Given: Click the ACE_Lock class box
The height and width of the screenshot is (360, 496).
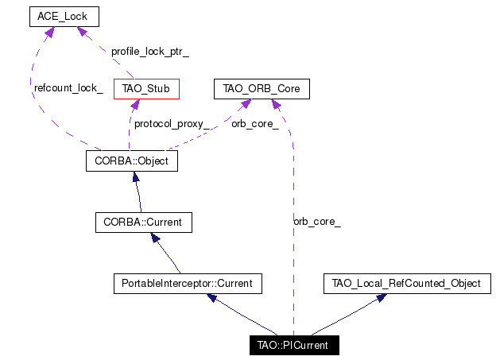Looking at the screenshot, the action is pyautogui.click(x=64, y=17).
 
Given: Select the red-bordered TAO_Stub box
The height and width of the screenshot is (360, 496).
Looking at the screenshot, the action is pyautogui.click(x=146, y=89).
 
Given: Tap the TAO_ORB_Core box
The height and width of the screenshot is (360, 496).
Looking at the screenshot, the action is pyautogui.click(x=262, y=89).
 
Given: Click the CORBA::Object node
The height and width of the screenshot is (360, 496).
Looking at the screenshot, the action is pyautogui.click(x=132, y=161).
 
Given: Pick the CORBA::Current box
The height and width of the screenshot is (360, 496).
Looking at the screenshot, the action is pyautogui.click(x=144, y=223).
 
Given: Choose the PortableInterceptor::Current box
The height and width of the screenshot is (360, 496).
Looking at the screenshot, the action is pyautogui.click(x=188, y=284).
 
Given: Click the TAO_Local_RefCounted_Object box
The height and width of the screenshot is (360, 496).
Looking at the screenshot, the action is pyautogui.click(x=407, y=284).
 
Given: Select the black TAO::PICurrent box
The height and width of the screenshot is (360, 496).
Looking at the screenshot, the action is pyautogui.click(x=294, y=345).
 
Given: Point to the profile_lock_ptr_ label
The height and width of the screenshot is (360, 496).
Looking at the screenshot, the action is pyautogui.click(x=150, y=52).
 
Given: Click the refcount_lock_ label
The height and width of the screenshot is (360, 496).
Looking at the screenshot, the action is pyautogui.click(x=68, y=88).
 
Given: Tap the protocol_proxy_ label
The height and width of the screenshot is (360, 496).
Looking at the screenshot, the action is pyautogui.click(x=172, y=124).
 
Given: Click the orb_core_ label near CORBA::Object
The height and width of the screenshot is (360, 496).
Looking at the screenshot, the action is pyautogui.click(x=255, y=124).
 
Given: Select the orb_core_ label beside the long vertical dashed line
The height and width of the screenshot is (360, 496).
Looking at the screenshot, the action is pyautogui.click(x=317, y=222).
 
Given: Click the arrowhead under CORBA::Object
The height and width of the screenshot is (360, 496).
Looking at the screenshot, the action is pyautogui.click(x=136, y=176).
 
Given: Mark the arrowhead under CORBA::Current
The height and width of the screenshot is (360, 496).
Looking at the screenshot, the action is pyautogui.click(x=155, y=238).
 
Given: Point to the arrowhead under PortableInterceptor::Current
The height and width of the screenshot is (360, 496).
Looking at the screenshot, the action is pyautogui.click(x=211, y=298).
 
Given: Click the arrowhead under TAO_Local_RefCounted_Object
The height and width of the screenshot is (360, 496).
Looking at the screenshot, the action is pyautogui.click(x=382, y=298).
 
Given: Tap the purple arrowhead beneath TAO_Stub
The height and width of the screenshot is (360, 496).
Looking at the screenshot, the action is pyautogui.click(x=135, y=105).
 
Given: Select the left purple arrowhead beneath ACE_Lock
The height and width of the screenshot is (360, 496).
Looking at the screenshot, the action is pyautogui.click(x=49, y=32).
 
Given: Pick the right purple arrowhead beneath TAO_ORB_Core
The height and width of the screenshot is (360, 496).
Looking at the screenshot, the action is pyautogui.click(x=276, y=104).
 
